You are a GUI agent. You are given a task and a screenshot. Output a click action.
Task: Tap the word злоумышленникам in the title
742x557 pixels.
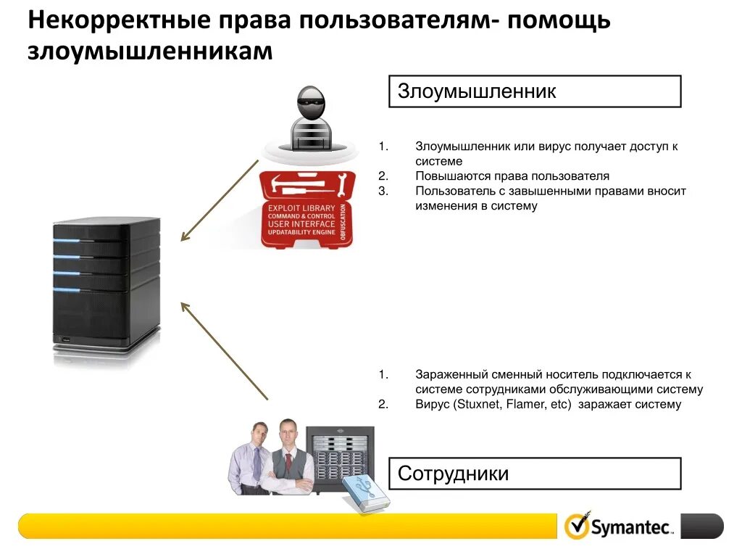point(150,53)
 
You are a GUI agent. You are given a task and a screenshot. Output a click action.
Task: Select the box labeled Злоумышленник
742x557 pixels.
point(535,91)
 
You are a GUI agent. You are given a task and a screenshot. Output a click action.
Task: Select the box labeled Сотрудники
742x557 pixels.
point(535,474)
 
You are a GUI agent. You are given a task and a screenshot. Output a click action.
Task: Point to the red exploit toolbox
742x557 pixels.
point(307,210)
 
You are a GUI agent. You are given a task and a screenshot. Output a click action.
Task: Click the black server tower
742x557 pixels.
point(106,286)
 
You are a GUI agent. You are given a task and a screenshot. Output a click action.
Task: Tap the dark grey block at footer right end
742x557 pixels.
point(701,526)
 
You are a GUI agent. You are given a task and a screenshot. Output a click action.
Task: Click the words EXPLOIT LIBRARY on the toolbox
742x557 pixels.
point(301,208)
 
